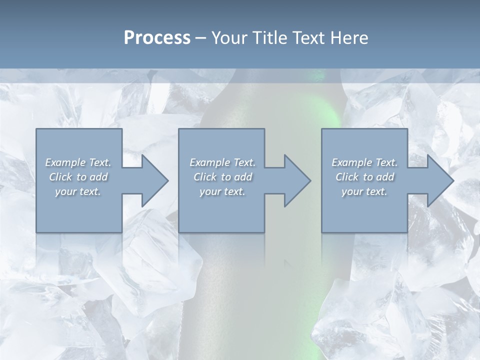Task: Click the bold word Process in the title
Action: tap(157, 38)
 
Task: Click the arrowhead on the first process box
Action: tap(153, 180)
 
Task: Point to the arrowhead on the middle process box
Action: tap(295, 180)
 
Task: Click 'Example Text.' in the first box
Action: tap(78, 162)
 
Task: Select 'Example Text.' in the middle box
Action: tap(222, 162)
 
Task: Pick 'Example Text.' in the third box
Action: tap(364, 162)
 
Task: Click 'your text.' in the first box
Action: tap(78, 191)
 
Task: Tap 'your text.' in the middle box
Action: tap(222, 191)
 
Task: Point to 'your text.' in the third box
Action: tap(364, 191)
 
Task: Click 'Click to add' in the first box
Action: tap(78, 177)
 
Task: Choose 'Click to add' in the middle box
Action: tap(222, 177)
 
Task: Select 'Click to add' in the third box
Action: tap(364, 177)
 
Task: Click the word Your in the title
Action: tap(226, 38)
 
